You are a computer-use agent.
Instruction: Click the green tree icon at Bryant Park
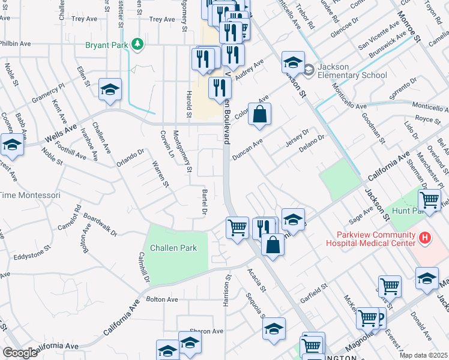click(138, 44)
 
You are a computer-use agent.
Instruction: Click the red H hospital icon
click(426, 238)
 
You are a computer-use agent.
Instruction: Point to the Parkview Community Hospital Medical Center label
click(370, 239)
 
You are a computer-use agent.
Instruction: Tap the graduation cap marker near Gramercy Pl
click(110, 90)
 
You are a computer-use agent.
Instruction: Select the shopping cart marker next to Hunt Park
click(429, 199)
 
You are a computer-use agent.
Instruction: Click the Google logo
click(20, 353)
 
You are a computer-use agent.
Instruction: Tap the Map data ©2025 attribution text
click(423, 355)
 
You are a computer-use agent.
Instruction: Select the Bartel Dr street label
click(203, 202)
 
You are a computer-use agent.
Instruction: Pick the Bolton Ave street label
click(162, 299)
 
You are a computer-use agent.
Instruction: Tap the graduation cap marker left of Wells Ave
click(12, 145)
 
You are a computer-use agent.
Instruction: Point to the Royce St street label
click(428, 119)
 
